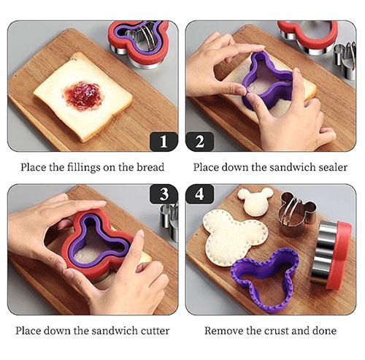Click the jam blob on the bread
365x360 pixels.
click(83, 96)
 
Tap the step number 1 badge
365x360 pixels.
click(164, 142)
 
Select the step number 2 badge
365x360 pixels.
click(200, 142)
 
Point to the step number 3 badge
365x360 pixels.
click(164, 194)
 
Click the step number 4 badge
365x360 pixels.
click(200, 194)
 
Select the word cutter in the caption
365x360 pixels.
click(155, 331)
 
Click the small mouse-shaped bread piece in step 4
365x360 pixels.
click(255, 202)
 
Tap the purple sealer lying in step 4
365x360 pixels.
click(266, 280)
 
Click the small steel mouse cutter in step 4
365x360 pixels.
click(296, 215)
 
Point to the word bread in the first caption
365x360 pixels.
click(150, 167)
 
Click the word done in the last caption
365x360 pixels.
click(324, 331)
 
